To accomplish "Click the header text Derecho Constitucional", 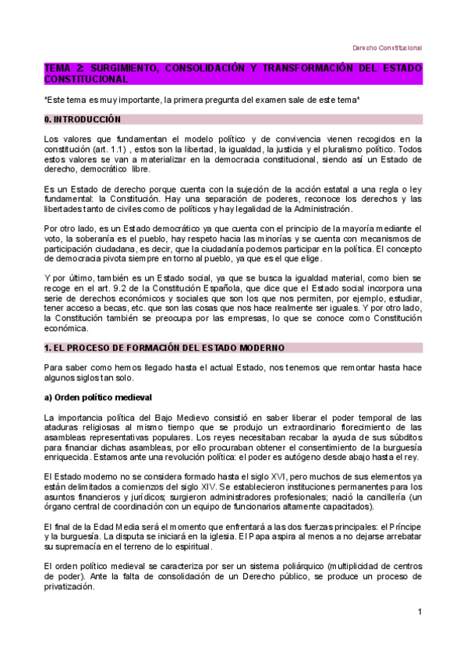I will [x=387, y=47].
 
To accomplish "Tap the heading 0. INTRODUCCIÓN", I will [x=83, y=119].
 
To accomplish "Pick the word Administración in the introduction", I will [x=319, y=209].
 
